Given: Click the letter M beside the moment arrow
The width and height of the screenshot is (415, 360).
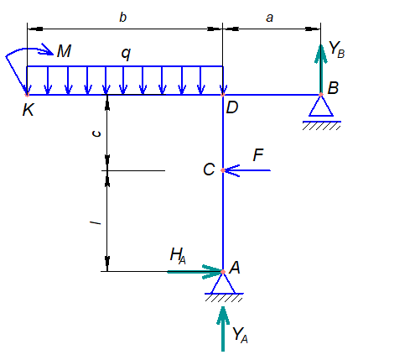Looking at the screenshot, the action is click(x=64, y=51).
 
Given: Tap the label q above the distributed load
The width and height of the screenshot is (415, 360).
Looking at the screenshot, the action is click(x=126, y=54).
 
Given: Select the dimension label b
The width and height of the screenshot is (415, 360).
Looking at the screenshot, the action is click(x=122, y=18).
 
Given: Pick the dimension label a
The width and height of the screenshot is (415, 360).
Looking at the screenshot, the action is click(x=269, y=18).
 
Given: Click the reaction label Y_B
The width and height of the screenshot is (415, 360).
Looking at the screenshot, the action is click(x=336, y=50).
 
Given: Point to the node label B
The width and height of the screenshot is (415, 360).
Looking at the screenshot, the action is click(x=333, y=88).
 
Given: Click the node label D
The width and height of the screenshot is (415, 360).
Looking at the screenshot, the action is click(x=232, y=107).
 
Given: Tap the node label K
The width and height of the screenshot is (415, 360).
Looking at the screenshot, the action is click(x=28, y=110).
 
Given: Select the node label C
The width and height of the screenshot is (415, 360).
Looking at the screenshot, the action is click(x=209, y=170).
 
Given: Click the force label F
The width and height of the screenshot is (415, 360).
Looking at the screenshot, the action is click(x=258, y=155).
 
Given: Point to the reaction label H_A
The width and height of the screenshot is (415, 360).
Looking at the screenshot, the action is click(x=178, y=256).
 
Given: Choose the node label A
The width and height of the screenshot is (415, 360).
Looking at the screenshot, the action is click(x=235, y=268).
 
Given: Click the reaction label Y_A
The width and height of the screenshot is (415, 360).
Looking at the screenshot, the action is click(x=240, y=335).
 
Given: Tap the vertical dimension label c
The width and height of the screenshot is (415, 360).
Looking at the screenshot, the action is click(x=96, y=133).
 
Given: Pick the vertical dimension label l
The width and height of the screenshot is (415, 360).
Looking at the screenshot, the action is click(x=96, y=222).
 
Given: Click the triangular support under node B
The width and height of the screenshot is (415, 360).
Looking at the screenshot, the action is click(x=321, y=107).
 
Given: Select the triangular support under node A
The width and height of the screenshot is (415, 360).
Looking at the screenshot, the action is click(x=223, y=284).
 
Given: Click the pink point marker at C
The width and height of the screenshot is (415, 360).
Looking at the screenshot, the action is click(x=223, y=170).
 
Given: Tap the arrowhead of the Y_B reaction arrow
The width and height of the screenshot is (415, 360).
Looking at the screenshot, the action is click(x=321, y=53).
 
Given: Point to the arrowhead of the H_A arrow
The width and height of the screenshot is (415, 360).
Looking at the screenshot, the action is click(x=213, y=272).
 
